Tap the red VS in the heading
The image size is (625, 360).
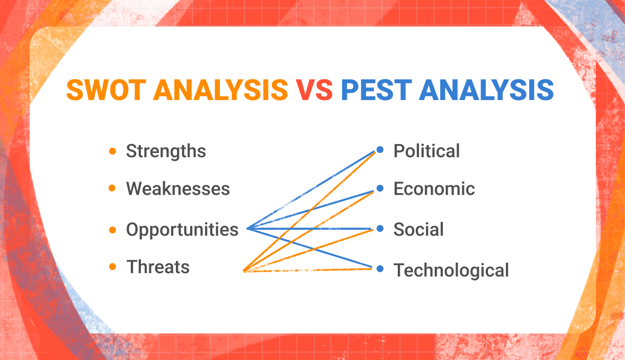coord(314,90)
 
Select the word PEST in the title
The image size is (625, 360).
coord(377,90)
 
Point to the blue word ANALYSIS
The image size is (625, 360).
coord(486,90)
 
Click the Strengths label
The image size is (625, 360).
coord(166,151)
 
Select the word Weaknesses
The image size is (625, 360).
coord(178,189)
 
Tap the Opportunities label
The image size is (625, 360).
coord(182,230)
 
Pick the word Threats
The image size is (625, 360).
coord(158,267)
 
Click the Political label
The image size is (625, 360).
coord(426,151)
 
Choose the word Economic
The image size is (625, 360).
coord(434,189)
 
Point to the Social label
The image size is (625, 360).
coord(418,230)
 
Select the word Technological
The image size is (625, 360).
coord(451,270)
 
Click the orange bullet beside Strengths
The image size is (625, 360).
coord(112,151)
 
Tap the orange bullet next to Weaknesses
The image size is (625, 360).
coord(112,188)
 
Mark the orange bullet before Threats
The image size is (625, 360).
coord(112,267)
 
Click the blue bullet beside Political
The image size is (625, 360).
coord(380,150)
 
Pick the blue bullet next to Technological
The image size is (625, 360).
coord(380,269)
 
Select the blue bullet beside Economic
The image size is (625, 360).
coord(380,188)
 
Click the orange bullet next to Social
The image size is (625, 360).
coord(380,229)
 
